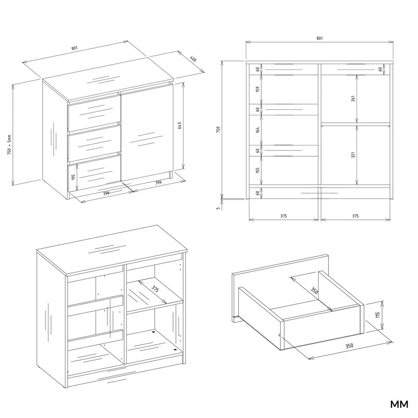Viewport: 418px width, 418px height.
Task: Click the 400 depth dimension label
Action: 193,59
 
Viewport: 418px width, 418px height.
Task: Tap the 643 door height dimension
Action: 179,126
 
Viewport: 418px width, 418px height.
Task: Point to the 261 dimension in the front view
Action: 353,99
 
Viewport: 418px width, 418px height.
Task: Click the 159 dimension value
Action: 257,89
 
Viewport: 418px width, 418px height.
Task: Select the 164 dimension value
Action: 257,130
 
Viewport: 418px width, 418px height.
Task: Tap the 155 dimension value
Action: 257,171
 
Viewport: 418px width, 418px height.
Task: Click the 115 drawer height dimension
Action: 377,315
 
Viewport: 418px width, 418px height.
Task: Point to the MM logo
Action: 399,404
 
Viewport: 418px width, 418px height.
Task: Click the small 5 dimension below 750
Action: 218,208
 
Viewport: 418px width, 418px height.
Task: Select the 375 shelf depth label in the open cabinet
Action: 155,289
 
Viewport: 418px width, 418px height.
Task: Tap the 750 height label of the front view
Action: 218,130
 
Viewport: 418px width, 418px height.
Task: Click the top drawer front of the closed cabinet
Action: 94,114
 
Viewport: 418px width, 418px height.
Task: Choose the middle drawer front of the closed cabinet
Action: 94,143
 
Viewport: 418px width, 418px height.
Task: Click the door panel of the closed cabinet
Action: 147,133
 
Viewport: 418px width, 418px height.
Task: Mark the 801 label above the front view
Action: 320,38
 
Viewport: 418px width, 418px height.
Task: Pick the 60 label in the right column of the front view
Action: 380,69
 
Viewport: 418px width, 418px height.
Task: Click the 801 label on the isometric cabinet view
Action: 74,48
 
